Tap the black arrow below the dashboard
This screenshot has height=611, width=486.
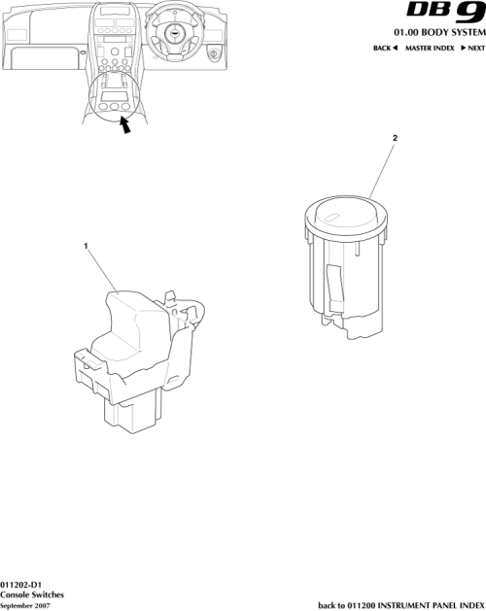(x=124, y=126)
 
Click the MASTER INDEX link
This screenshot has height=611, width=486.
(x=429, y=48)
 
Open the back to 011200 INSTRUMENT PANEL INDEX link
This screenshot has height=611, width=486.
(x=400, y=604)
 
